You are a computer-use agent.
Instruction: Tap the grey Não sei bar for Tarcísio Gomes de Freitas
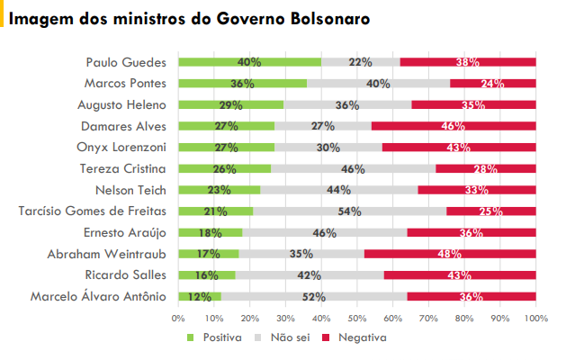(x=349, y=211)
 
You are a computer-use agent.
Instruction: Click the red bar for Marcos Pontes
(x=493, y=84)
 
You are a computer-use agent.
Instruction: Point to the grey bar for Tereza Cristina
(x=353, y=169)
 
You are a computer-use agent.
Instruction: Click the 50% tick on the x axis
(x=357, y=318)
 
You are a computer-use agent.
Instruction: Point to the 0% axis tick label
(x=178, y=318)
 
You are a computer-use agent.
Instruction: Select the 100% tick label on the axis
(x=536, y=318)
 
